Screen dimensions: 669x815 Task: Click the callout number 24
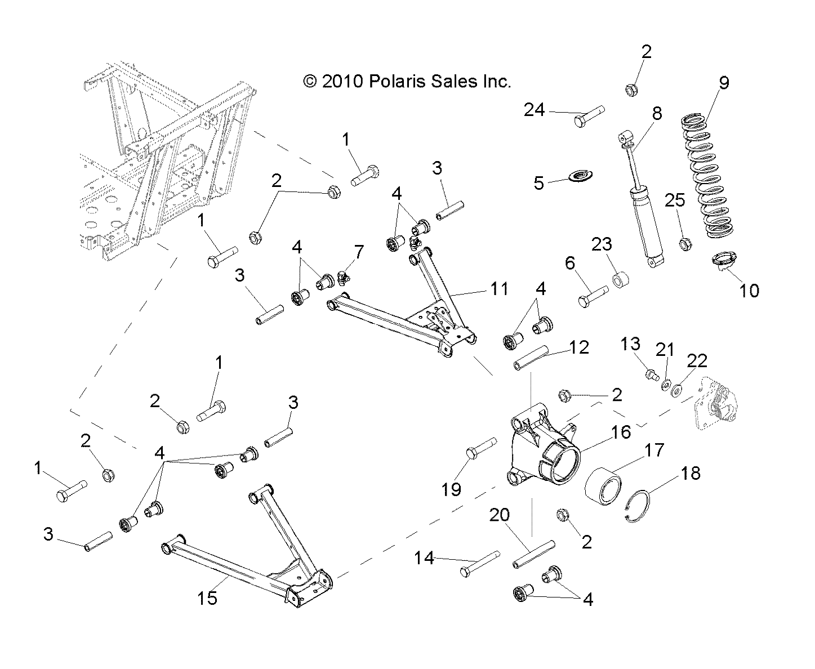point(534,109)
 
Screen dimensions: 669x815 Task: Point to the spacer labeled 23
point(621,279)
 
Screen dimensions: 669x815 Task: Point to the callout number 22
point(697,360)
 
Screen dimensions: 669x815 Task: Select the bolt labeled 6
point(593,295)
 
